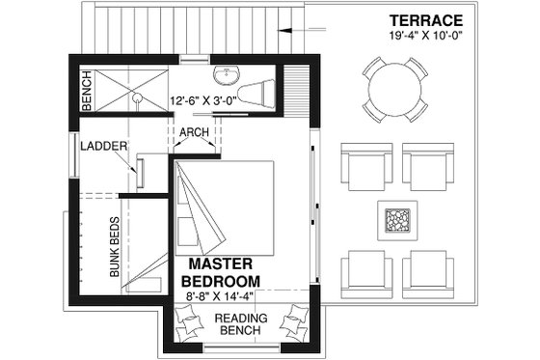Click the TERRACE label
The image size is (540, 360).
point(426,20)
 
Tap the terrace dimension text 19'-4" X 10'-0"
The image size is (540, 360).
point(426,37)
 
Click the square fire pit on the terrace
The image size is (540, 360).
point(397,221)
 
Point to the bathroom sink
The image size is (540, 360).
point(228,75)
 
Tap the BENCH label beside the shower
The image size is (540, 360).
point(87,92)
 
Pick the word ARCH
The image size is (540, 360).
point(196,135)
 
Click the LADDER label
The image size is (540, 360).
point(100,147)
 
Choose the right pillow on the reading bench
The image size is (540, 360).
point(293,318)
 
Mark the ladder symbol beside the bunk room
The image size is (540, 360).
point(142,171)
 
